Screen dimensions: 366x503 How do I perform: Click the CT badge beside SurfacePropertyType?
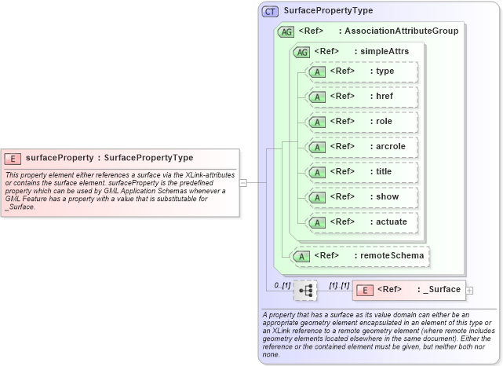pyautogui.click(x=271, y=11)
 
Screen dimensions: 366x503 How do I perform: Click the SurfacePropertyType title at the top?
pyautogui.click(x=328, y=11)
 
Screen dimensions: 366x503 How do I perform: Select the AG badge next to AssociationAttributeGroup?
pyautogui.click(x=286, y=31)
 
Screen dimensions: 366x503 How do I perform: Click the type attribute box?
pyautogui.click(x=363, y=71)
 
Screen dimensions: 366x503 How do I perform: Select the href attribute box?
pyautogui.click(x=363, y=97)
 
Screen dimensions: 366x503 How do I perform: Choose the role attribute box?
pyautogui.click(x=363, y=122)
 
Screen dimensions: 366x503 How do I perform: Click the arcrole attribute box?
pyautogui.click(x=363, y=147)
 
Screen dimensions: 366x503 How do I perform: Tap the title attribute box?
pyautogui.click(x=363, y=172)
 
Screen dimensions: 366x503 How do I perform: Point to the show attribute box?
pyautogui.click(x=363, y=197)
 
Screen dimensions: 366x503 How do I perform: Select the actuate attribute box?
pyautogui.click(x=363, y=222)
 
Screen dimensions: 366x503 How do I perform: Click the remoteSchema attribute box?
pyautogui.click(x=362, y=255)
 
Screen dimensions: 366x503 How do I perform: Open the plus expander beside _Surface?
pyautogui.click(x=470, y=291)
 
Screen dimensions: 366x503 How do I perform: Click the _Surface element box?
pyautogui.click(x=409, y=290)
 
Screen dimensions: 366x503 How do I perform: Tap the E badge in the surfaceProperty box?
pyautogui.click(x=13, y=158)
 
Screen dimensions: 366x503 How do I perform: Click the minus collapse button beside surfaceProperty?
pyautogui.click(x=243, y=183)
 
